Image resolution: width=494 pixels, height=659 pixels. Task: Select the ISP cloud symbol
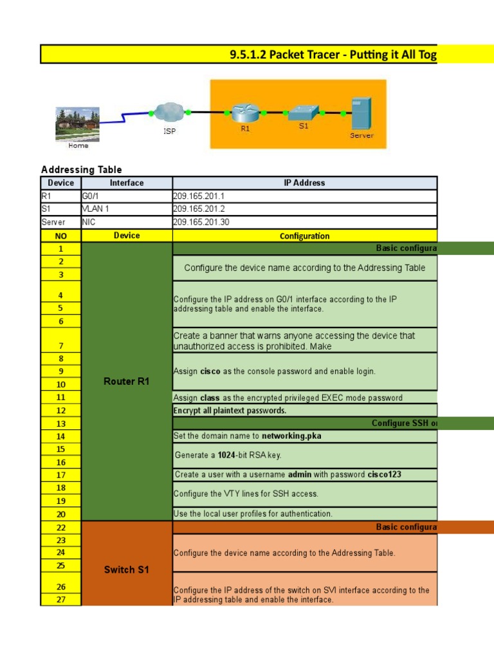point(169,113)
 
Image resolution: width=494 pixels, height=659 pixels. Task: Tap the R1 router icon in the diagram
point(245,113)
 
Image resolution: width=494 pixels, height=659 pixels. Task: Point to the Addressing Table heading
point(81,170)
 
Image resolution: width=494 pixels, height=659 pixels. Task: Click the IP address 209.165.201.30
point(201,222)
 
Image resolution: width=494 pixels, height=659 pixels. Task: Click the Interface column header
point(127,183)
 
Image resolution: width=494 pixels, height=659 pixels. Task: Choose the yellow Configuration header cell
point(304,236)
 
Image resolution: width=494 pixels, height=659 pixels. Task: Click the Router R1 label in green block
point(127,382)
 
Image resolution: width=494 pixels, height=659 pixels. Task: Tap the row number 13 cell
point(60,423)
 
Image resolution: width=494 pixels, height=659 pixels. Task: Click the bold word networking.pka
point(291,436)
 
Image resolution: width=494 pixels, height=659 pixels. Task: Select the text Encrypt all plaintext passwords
point(230,411)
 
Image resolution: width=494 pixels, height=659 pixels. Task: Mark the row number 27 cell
point(60,600)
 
